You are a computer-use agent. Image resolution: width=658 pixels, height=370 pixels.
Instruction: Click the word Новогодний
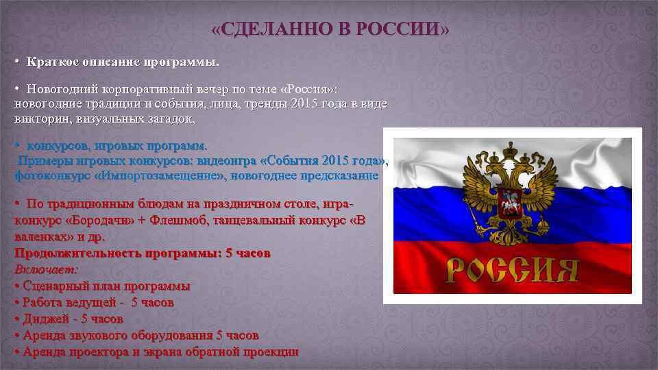[x=62, y=90]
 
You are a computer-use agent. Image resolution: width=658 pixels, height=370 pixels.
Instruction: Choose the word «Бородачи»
[x=97, y=221]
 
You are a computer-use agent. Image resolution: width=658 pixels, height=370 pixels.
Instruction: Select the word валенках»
[x=42, y=236]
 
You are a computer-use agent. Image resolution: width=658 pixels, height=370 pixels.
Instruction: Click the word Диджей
[x=46, y=319]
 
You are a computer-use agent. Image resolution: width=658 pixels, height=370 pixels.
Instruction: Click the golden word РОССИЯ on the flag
[x=512, y=271]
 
